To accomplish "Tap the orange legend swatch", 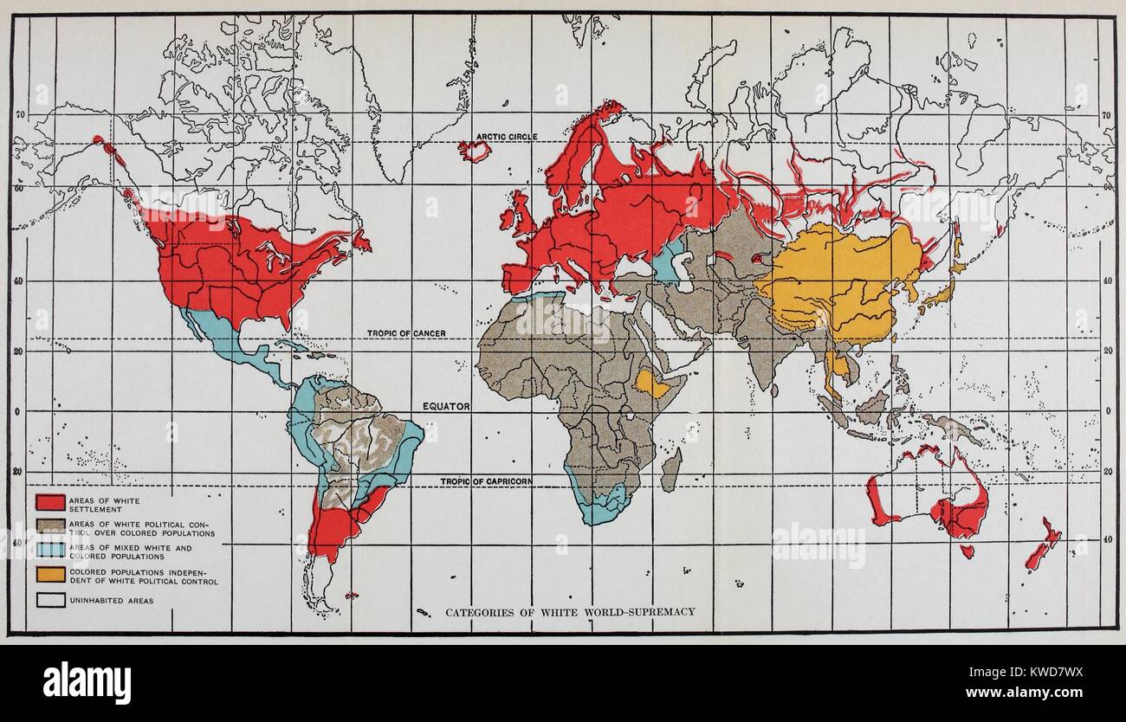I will (50, 575).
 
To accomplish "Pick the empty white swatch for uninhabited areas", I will (50, 600).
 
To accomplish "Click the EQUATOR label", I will (446, 406).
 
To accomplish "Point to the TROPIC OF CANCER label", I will (406, 333).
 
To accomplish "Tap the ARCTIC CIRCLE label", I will (506, 137).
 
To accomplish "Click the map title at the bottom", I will (570, 612).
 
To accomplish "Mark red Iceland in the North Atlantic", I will (475, 151).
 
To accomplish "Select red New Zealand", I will (1043, 546).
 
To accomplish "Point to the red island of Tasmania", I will (967, 551).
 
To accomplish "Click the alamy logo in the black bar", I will (87, 682).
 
